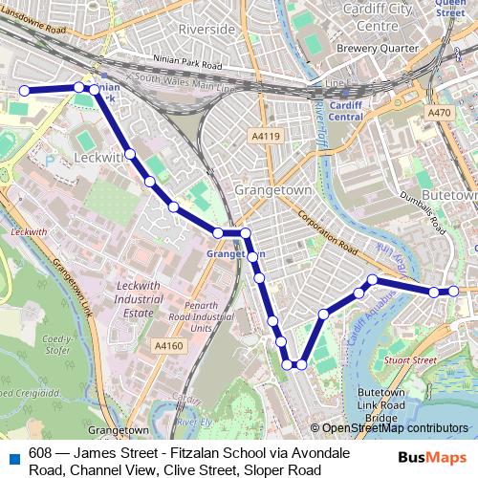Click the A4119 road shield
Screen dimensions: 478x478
point(265,137)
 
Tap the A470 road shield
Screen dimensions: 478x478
point(439,113)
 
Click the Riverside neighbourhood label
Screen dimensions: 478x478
point(206,30)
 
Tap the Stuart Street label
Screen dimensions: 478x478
point(412,360)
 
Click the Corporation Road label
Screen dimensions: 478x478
point(327,232)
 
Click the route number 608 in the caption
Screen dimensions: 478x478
point(41,453)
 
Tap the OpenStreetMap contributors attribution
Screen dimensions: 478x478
point(395,428)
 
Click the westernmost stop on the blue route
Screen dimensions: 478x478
point(23,91)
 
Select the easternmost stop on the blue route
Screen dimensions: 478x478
point(454,291)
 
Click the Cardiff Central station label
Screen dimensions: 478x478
point(343,111)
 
